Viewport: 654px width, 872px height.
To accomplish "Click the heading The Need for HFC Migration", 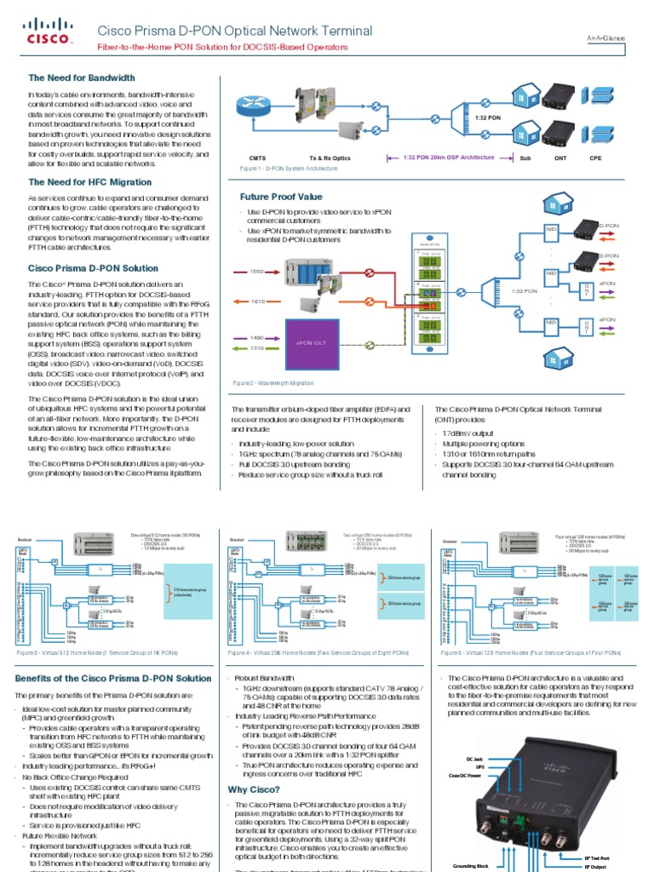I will tap(90, 181).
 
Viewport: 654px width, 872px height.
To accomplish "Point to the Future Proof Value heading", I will tap(281, 197).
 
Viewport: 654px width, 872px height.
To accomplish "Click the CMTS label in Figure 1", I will tap(257, 158).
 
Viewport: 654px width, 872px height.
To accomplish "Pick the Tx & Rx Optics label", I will tap(330, 158).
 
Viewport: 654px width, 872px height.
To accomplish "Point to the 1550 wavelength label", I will tap(256, 272).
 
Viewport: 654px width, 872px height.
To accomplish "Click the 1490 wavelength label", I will tap(256, 337).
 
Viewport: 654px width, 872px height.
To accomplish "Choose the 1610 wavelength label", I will tap(256, 301).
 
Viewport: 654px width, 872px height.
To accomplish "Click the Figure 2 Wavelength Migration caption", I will tap(267, 383).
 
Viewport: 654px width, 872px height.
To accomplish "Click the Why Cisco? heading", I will tap(250, 789).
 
